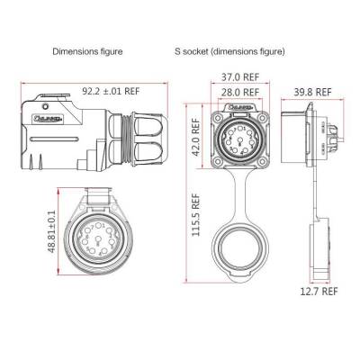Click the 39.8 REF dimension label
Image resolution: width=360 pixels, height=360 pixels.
(x=312, y=92)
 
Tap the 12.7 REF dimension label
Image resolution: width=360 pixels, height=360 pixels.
(x=317, y=292)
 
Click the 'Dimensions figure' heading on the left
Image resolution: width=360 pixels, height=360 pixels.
(x=86, y=52)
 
